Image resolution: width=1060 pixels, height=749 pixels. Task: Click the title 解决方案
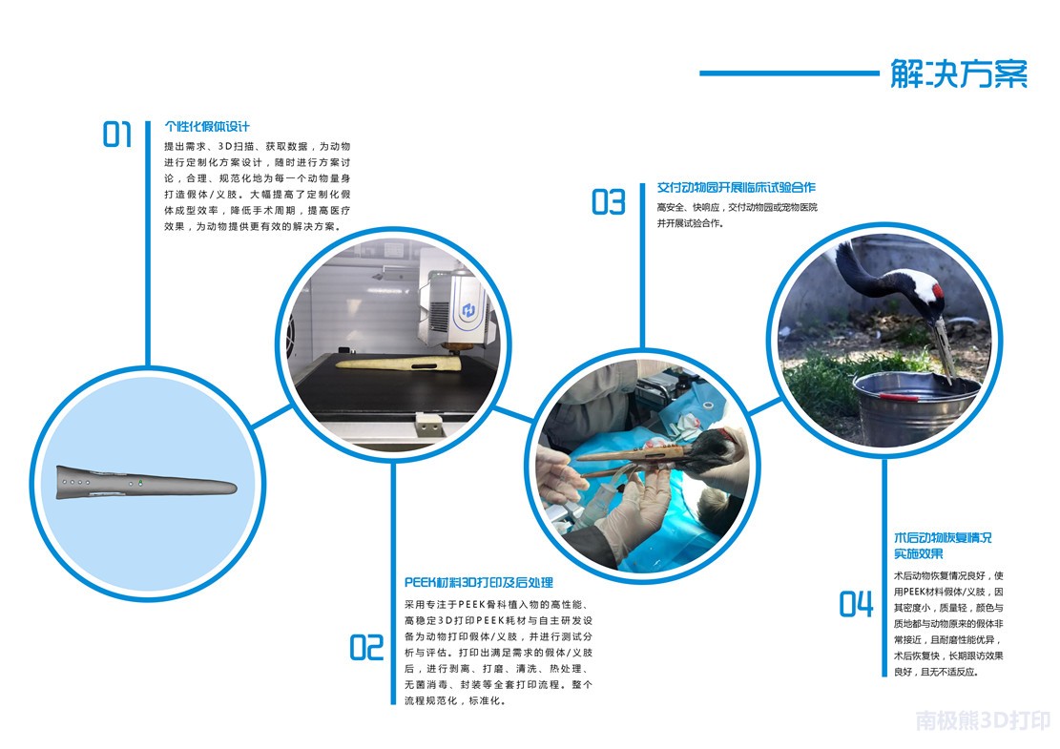click(959, 73)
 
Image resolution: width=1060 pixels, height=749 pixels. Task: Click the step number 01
click(116, 134)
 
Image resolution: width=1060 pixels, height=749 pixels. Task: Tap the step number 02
click(366, 647)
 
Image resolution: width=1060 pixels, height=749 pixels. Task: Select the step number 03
click(609, 202)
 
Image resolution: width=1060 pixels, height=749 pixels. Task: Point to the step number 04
click(856, 604)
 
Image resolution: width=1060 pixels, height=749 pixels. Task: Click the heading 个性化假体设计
click(207, 126)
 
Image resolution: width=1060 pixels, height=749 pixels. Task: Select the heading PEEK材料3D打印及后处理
click(479, 582)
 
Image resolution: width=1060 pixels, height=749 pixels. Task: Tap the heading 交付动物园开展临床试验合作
click(737, 187)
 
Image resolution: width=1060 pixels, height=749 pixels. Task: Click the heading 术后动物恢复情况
click(943, 538)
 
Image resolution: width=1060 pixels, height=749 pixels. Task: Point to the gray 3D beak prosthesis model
click(145, 483)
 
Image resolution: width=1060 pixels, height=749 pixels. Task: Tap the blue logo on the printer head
click(468, 310)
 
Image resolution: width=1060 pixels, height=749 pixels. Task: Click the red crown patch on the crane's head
click(937, 291)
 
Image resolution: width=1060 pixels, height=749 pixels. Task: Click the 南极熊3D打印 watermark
click(983, 720)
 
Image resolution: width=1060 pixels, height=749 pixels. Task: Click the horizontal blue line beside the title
click(789, 73)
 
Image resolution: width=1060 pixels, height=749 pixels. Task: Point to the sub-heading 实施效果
click(919, 554)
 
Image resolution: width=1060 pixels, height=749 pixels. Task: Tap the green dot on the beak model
click(140, 483)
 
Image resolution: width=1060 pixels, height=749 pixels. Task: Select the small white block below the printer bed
click(429, 426)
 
